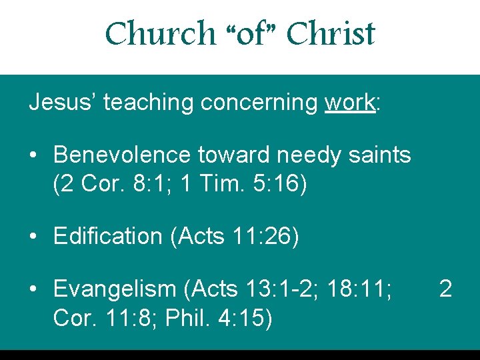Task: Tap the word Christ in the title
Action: pyautogui.click(x=331, y=33)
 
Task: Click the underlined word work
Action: pyautogui.click(x=350, y=102)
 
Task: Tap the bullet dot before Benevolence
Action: pyautogui.click(x=33, y=155)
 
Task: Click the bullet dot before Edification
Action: pyautogui.click(x=33, y=237)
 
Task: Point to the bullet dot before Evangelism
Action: pyautogui.click(x=33, y=290)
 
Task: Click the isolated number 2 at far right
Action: pyautogui.click(x=446, y=289)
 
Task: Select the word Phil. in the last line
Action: pyautogui.click(x=186, y=319)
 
